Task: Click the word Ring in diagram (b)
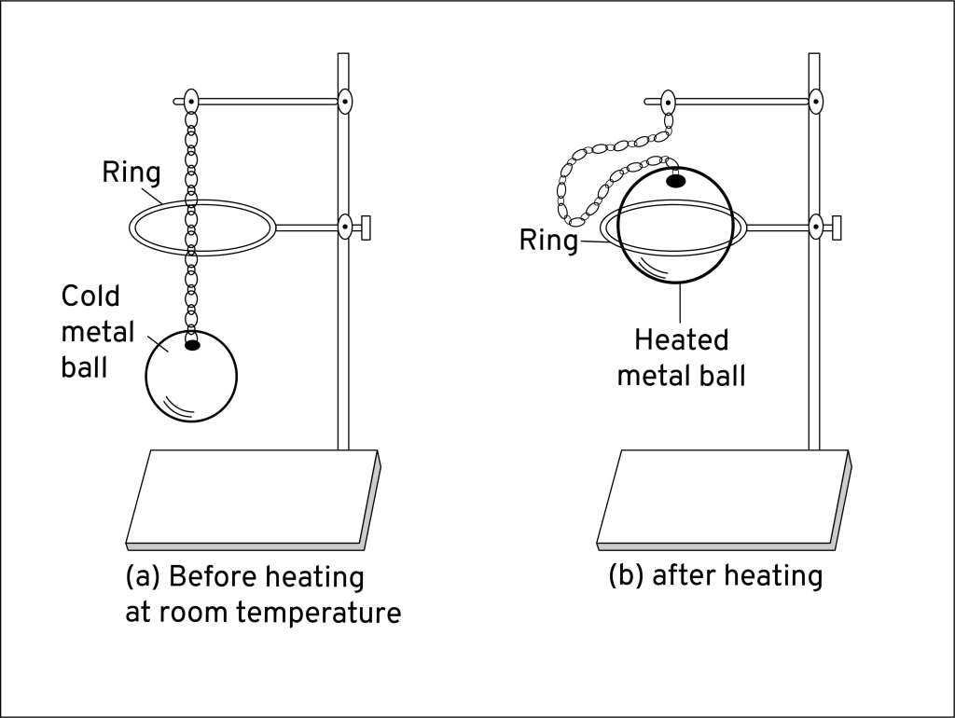(x=547, y=242)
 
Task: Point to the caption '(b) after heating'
(x=715, y=576)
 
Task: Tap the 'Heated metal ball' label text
(x=682, y=357)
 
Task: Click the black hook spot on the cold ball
(x=193, y=345)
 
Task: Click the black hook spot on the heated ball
(x=675, y=180)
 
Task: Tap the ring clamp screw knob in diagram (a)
(x=365, y=226)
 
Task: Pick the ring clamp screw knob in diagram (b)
(x=836, y=226)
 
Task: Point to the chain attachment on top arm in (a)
(x=191, y=100)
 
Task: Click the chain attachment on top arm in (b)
(x=668, y=101)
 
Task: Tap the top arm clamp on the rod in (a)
(x=344, y=100)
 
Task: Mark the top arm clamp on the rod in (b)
(x=816, y=100)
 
